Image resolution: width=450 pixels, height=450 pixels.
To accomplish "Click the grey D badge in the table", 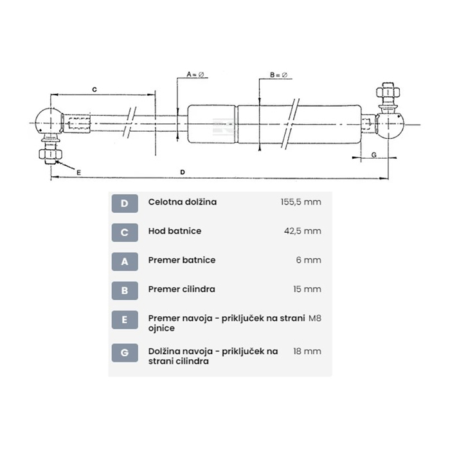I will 125,204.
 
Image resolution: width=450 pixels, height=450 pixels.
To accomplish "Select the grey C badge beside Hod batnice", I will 125,233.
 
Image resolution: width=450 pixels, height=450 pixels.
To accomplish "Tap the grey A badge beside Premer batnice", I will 125,262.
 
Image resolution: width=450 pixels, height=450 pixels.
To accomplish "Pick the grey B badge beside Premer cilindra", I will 125,291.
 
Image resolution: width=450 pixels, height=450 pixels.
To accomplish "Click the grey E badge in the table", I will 125,319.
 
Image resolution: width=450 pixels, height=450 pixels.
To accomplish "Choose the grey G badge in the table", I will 125,353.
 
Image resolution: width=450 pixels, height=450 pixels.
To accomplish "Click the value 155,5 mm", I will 300,202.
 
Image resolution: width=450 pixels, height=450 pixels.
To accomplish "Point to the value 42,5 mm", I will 303,231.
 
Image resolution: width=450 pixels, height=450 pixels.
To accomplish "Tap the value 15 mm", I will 307,289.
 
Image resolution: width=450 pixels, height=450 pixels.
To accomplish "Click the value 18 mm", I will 307,352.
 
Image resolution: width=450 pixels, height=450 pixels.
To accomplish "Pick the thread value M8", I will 314,318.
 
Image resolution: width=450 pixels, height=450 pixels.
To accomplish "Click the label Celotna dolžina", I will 182,202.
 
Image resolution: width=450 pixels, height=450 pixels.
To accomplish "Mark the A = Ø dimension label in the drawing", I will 195,75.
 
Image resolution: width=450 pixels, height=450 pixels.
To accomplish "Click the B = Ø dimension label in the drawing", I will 278,75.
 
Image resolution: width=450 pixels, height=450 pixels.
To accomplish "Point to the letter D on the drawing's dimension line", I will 183,172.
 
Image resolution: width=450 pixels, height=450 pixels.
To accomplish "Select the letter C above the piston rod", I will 94,90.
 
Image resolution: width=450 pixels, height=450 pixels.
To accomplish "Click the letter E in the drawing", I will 78,172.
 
